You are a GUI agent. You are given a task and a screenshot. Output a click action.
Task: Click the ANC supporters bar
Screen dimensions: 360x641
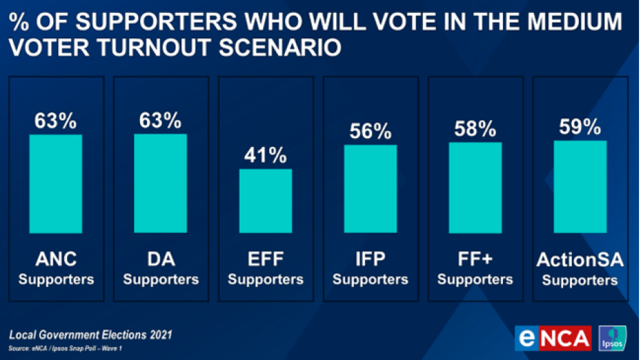[56, 184]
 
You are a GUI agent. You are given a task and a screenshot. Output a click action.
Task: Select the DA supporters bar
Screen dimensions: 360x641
[161, 184]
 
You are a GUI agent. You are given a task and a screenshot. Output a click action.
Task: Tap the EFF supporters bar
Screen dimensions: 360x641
[265, 201]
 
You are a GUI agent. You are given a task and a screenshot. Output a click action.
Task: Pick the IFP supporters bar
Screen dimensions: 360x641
[370, 189]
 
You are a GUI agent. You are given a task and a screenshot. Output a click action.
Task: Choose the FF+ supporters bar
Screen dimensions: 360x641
[475, 188]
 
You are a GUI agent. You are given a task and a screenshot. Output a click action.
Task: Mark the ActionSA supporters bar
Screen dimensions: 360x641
[579, 187]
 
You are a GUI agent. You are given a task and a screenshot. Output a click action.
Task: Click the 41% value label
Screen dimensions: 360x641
[265, 155]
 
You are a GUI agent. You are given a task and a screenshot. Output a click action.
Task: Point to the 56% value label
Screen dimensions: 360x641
[370, 131]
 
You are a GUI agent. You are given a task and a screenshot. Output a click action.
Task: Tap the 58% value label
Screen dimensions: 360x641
[475, 129]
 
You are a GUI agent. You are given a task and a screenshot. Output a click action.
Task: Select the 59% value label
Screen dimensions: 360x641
[579, 127]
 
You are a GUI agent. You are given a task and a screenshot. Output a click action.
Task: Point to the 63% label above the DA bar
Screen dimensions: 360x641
[161, 121]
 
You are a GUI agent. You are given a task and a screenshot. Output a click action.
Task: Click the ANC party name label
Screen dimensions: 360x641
[56, 260]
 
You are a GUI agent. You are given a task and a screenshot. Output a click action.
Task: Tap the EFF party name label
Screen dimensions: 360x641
[265, 260]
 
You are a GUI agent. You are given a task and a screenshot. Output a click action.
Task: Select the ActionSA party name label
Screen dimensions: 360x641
[579, 260]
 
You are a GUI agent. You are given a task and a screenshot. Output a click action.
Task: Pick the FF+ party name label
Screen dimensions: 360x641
[475, 260]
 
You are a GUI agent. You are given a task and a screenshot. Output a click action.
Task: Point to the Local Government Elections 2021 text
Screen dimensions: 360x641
[91, 335]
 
